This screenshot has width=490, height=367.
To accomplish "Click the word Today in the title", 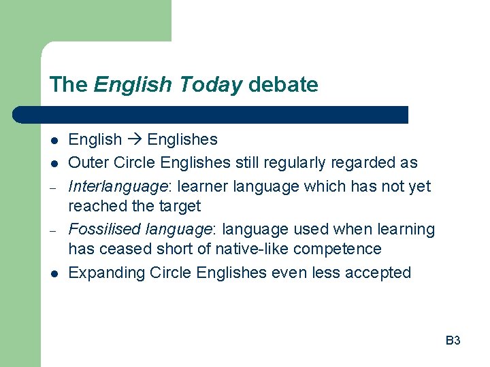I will (211, 85).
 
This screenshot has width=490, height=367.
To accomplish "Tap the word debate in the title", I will (283, 85).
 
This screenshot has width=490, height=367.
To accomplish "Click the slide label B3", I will (453, 340).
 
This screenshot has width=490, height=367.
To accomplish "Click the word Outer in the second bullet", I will (87, 162).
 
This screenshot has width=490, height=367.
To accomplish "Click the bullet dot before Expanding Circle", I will (52, 274).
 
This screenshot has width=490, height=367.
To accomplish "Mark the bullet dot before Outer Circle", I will (52, 163).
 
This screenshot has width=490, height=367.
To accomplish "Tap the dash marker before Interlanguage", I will (52, 186).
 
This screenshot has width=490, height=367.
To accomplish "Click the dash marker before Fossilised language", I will (52, 230).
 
